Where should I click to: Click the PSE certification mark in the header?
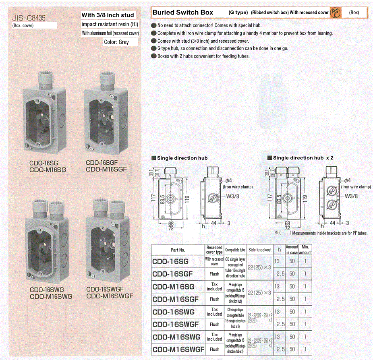point(335,12)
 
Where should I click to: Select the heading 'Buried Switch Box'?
point(182,12)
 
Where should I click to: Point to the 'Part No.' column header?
point(178,250)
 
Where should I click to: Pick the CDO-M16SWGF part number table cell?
point(178,349)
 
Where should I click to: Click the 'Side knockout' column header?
point(260,250)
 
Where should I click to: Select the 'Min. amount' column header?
point(305,250)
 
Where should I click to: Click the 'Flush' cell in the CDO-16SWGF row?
point(214,324)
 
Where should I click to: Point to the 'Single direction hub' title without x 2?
point(182,158)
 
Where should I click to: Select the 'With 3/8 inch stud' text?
point(108,15)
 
